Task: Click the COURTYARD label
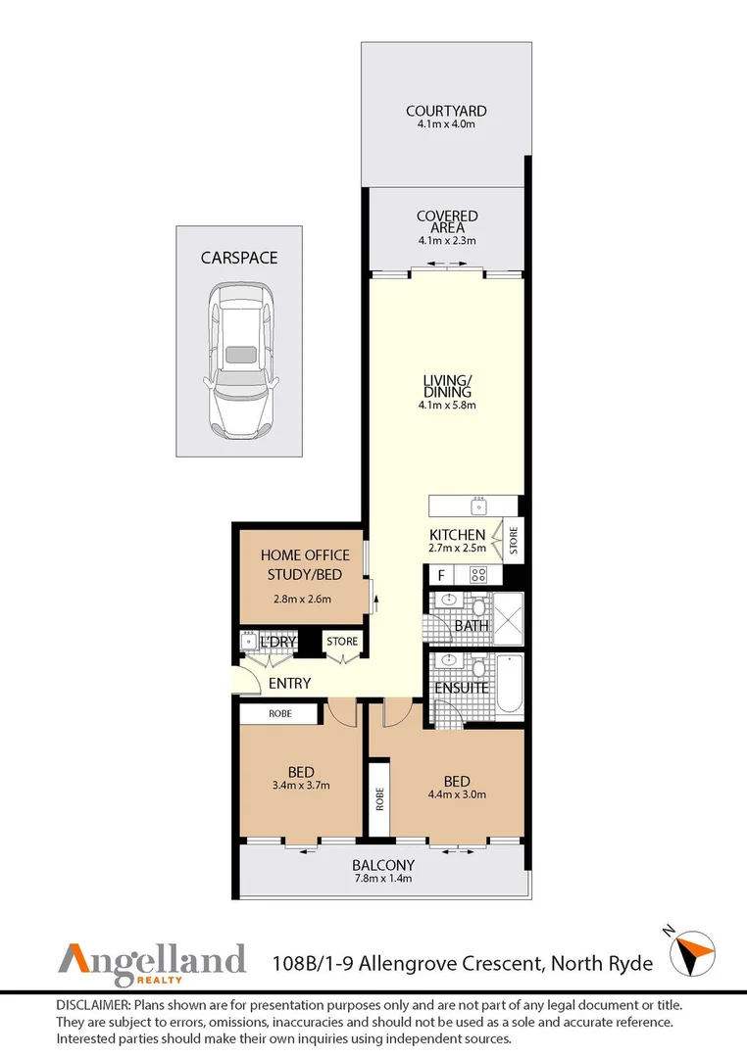point(446,112)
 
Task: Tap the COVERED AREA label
point(447,222)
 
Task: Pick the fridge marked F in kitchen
point(442,575)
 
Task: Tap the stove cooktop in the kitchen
point(478,575)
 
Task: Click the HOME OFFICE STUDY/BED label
point(305,565)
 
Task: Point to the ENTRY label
point(289,683)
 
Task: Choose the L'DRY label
point(278,643)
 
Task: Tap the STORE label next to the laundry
point(342,642)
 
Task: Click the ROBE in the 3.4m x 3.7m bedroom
point(279,714)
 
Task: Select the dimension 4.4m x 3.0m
point(457,795)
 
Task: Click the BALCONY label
point(383,865)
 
